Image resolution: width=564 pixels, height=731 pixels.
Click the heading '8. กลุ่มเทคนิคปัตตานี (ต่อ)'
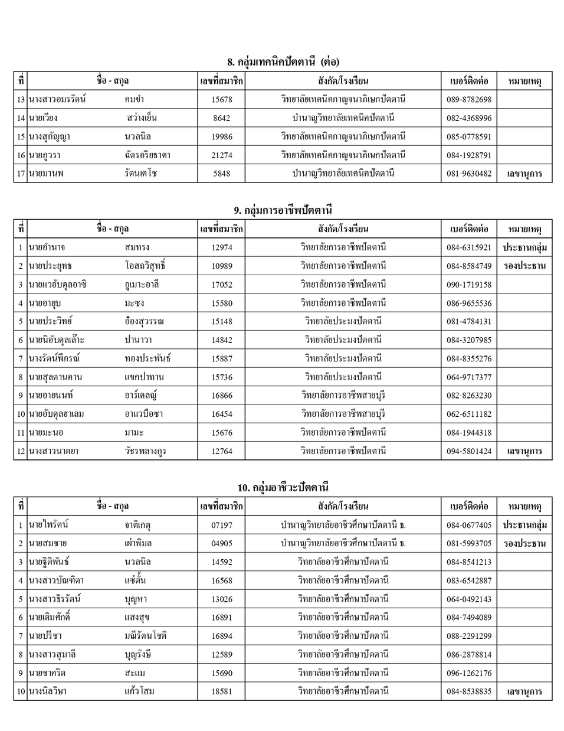283,61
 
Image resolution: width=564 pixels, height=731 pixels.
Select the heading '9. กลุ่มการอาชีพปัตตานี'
283,210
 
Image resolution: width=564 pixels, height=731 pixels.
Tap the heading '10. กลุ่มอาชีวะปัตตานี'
283,487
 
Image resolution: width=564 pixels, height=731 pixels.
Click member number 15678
222,100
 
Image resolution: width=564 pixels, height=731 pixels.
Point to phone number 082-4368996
468,118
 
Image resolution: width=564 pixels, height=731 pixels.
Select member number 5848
222,174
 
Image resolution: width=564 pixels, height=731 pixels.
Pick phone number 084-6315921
468,247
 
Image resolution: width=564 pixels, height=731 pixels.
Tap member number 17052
222,285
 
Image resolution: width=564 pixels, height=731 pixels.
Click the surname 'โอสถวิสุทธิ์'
145,266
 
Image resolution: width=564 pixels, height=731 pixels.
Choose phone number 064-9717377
468,377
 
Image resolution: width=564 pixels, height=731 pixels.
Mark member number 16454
222,415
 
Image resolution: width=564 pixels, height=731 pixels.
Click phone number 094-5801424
468,452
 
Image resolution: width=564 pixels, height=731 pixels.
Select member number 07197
222,525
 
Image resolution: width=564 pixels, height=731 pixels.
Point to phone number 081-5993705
468,543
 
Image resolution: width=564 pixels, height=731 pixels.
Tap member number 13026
222,599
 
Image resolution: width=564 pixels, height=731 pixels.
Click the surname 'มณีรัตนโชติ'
146,636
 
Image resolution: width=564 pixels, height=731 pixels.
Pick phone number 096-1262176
468,673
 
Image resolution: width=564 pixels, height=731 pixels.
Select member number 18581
222,691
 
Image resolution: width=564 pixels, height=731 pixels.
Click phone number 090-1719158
468,285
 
